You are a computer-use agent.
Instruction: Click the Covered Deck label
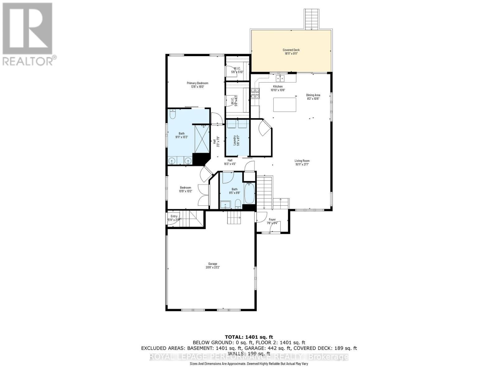[x=291, y=50]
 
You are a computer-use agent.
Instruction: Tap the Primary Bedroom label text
[x=197, y=83]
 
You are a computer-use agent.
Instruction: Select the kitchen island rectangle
[x=285, y=104]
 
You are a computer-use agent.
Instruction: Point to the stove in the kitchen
[x=255, y=93]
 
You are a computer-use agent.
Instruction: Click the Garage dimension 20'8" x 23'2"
[x=213, y=267]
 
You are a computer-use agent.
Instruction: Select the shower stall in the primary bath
[x=202, y=139]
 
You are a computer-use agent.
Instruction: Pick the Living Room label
[x=302, y=161]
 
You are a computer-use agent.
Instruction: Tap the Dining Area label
[x=313, y=95]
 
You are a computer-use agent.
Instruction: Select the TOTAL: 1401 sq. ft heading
[x=249, y=337]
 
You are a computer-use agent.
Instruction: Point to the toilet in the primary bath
[x=173, y=115]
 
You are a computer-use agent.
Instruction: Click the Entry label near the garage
[x=174, y=216]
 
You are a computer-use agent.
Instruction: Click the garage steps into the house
[x=233, y=217]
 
